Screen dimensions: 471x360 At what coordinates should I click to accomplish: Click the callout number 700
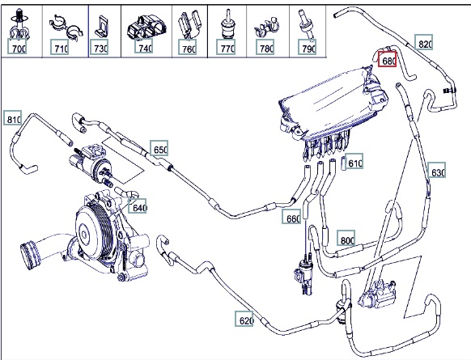[x=17, y=47]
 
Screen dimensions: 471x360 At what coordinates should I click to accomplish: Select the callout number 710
[x=59, y=47]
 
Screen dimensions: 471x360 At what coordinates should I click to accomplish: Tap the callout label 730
[x=100, y=47]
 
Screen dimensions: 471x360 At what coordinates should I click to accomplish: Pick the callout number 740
[x=144, y=47]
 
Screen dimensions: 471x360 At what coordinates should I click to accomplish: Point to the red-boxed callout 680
[x=388, y=59]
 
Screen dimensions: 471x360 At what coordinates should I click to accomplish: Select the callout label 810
[x=13, y=118]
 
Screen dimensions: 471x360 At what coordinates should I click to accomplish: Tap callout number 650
[x=159, y=148]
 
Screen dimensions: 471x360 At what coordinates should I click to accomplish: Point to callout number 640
[x=138, y=206]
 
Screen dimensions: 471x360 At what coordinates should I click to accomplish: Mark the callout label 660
[x=291, y=217]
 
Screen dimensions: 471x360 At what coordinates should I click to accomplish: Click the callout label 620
[x=244, y=319]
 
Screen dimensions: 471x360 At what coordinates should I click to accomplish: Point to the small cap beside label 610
[x=343, y=163]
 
